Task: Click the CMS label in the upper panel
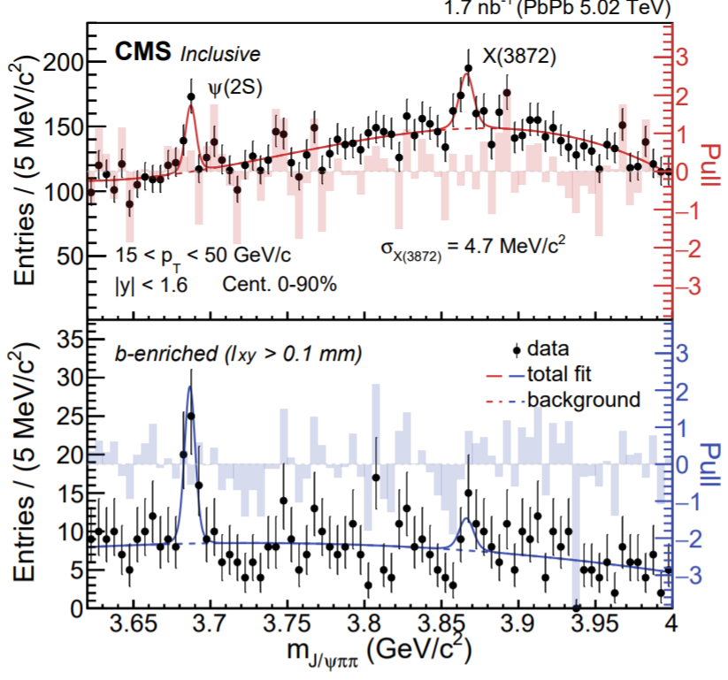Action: click(x=144, y=54)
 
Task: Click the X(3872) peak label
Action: click(x=518, y=56)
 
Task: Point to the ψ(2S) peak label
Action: click(x=236, y=88)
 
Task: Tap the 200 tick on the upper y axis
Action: click(x=67, y=64)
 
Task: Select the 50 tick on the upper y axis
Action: click(x=72, y=256)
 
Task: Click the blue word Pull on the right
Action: click(x=709, y=464)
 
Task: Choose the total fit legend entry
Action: click(x=571, y=374)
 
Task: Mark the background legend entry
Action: click(x=583, y=400)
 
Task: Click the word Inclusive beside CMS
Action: click(x=220, y=55)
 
